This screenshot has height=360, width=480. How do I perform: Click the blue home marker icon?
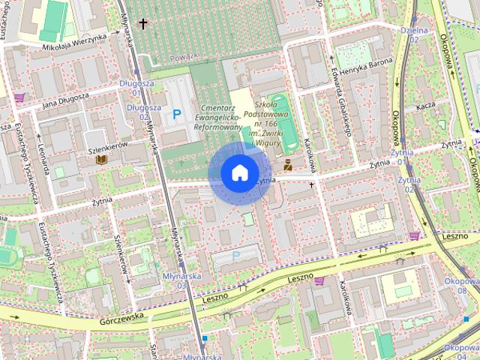click(239, 173)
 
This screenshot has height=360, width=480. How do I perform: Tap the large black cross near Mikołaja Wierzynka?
click(143, 24)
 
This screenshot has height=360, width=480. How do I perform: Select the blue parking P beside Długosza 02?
click(177, 114)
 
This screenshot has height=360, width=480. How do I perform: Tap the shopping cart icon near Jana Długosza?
click(19, 97)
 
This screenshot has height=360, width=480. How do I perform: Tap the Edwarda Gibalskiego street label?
click(340, 109)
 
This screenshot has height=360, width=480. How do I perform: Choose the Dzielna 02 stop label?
click(413, 34)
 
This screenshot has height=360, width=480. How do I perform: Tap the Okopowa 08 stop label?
click(456, 286)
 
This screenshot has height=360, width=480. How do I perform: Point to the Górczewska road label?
click(120, 320)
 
